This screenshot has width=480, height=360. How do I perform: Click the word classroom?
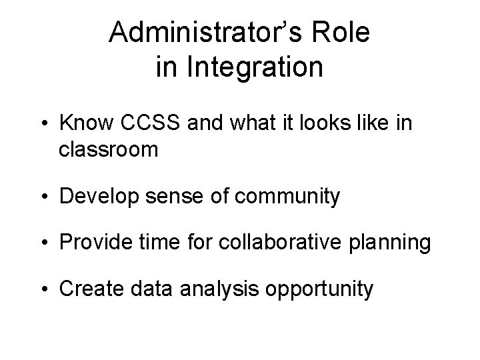108,149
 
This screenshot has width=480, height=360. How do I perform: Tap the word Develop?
95,197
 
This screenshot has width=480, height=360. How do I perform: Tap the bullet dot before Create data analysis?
49,291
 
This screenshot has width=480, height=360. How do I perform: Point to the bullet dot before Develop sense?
49,197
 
